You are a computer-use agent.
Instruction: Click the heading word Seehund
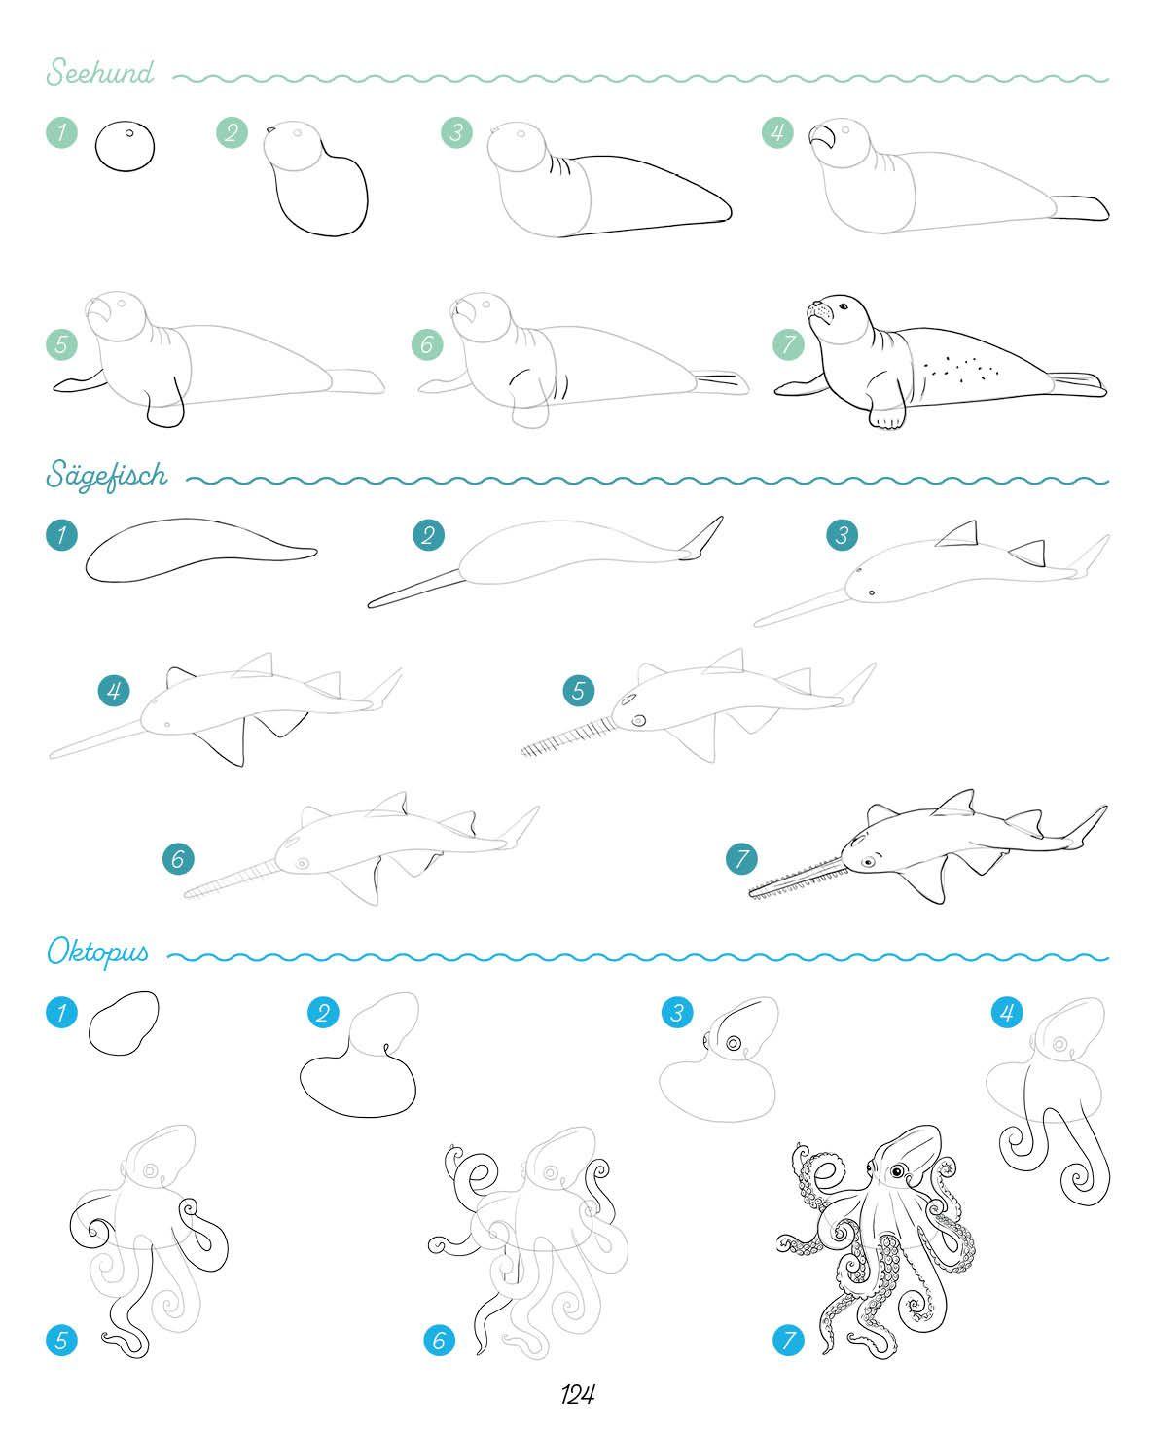tap(100, 71)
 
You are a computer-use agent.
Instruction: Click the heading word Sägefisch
tap(107, 475)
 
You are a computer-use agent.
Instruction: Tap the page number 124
tap(577, 1394)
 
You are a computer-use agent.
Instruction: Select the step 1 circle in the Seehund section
tap(62, 131)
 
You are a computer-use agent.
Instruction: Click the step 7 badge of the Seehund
tap(788, 344)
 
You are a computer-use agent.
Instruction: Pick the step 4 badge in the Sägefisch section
tap(114, 691)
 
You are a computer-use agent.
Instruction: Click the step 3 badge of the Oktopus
tap(677, 1012)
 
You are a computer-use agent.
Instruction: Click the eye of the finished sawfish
tap(868, 862)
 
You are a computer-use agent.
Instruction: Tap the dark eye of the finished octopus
tap(898, 1171)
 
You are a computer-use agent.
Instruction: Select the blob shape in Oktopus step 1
tap(124, 1023)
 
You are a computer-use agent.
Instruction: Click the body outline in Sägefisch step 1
tap(200, 550)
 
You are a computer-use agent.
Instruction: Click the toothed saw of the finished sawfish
tap(797, 880)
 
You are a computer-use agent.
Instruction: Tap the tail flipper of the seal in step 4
tap(1079, 207)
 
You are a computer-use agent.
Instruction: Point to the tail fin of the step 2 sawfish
tap(701, 539)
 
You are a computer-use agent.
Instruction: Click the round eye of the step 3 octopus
tap(734, 1043)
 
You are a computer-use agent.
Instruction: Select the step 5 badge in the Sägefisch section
tap(579, 691)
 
